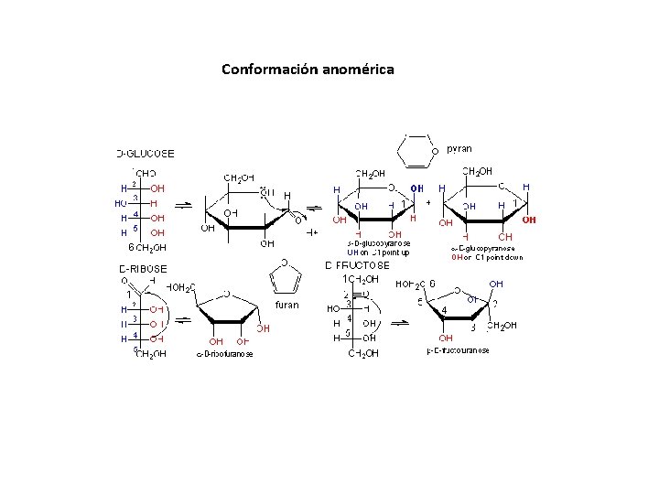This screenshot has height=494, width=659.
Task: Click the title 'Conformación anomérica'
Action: pos(308,69)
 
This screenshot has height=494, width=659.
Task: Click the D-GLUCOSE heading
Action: pos(146,153)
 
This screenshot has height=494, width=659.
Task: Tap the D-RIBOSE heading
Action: pos(143,268)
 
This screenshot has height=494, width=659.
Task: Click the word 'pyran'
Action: pos(459,148)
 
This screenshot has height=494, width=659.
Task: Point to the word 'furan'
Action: pos(287,304)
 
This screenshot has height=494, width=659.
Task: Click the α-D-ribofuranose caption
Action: pos(225,354)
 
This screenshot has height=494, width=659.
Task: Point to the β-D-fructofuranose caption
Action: pos(458,350)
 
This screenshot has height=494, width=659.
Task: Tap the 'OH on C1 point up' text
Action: pos(378,252)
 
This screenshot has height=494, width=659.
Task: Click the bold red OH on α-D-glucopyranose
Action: pos(529,220)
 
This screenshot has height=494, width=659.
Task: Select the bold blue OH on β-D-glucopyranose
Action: pos(416,189)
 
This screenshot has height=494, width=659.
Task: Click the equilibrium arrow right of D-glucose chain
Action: pos(182,204)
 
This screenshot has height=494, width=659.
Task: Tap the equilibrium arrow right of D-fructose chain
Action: pos(400,323)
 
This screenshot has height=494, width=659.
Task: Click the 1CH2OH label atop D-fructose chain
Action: pos(360,278)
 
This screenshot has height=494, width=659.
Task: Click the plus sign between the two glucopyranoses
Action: pos(427,203)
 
